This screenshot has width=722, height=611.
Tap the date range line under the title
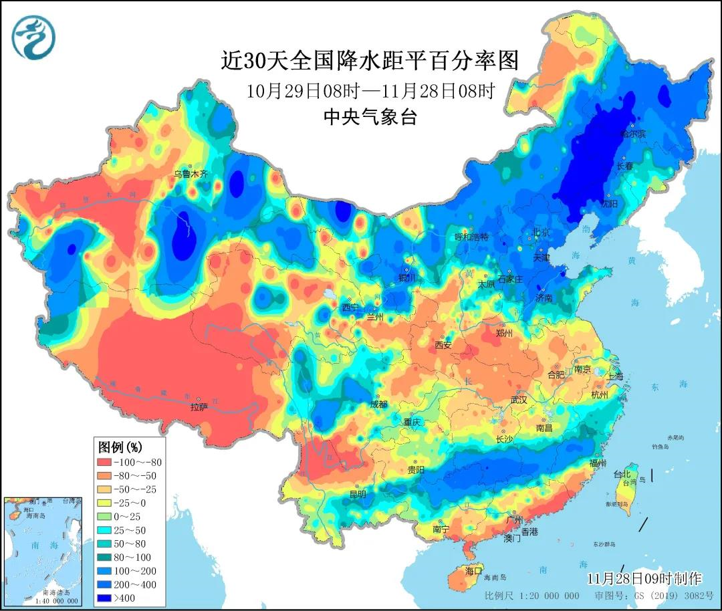pyautogui.click(x=370, y=91)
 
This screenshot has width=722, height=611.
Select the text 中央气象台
pyautogui.click(x=370, y=118)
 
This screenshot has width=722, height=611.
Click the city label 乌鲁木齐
pyautogui.click(x=191, y=174)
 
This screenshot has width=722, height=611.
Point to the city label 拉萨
pyautogui.click(x=199, y=406)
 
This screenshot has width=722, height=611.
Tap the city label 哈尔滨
pyautogui.click(x=633, y=134)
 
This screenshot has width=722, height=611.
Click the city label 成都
pyautogui.click(x=378, y=404)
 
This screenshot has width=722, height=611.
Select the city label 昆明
pyautogui.click(x=358, y=495)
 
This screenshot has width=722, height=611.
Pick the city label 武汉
pyautogui.click(x=519, y=400)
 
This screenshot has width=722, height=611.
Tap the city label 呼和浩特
pyautogui.click(x=472, y=237)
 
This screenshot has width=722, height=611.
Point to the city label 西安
pyautogui.click(x=443, y=345)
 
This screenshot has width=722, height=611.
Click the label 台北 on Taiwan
pyautogui.click(x=622, y=474)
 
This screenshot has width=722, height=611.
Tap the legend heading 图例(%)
pyautogui.click(x=121, y=446)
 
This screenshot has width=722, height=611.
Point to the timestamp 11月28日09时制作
pyautogui.click(x=644, y=578)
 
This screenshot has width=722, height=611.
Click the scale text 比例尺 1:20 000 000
pyautogui.click(x=532, y=596)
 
